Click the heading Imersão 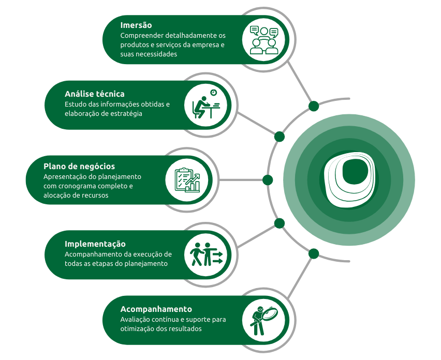[136, 25]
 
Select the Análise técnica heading [95, 94]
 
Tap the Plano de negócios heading [79, 166]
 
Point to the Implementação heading [95, 244]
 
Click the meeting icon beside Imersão [264, 40]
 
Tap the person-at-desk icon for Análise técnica [205, 104]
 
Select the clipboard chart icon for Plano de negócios [186, 180]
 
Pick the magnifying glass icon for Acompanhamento [264, 319]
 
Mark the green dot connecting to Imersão [313, 106]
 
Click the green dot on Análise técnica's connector [280, 137]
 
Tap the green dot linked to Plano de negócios [268, 180]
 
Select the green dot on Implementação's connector [280, 223]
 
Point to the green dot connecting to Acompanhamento [313, 253]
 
